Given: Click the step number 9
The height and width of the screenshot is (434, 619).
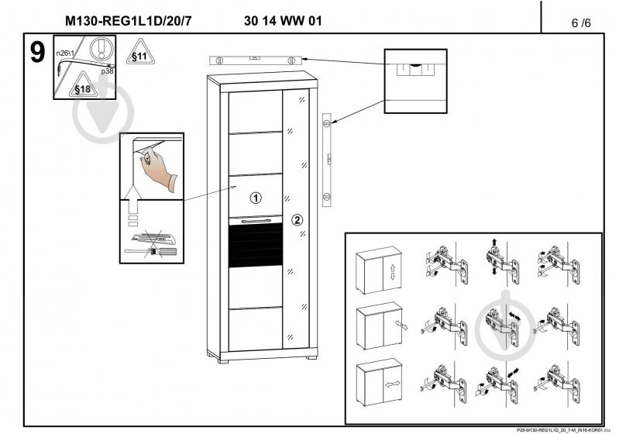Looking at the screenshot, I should click(x=36, y=53).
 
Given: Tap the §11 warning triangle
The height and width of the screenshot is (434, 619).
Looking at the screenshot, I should click(x=138, y=54).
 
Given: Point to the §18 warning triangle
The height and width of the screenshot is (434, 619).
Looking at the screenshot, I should click(x=83, y=87).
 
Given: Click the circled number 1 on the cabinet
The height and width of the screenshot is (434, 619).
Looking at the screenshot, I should click(x=256, y=197).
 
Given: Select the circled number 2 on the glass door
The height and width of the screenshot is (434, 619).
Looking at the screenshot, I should click(x=297, y=220).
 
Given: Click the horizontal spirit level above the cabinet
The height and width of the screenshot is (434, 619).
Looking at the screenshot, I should click(x=255, y=59).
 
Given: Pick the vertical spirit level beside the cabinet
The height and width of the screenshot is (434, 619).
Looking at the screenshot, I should click(x=327, y=159).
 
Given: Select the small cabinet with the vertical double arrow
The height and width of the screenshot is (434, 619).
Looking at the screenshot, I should click(x=377, y=271).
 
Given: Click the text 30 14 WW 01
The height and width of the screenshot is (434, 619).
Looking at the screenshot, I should click(x=277, y=21).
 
